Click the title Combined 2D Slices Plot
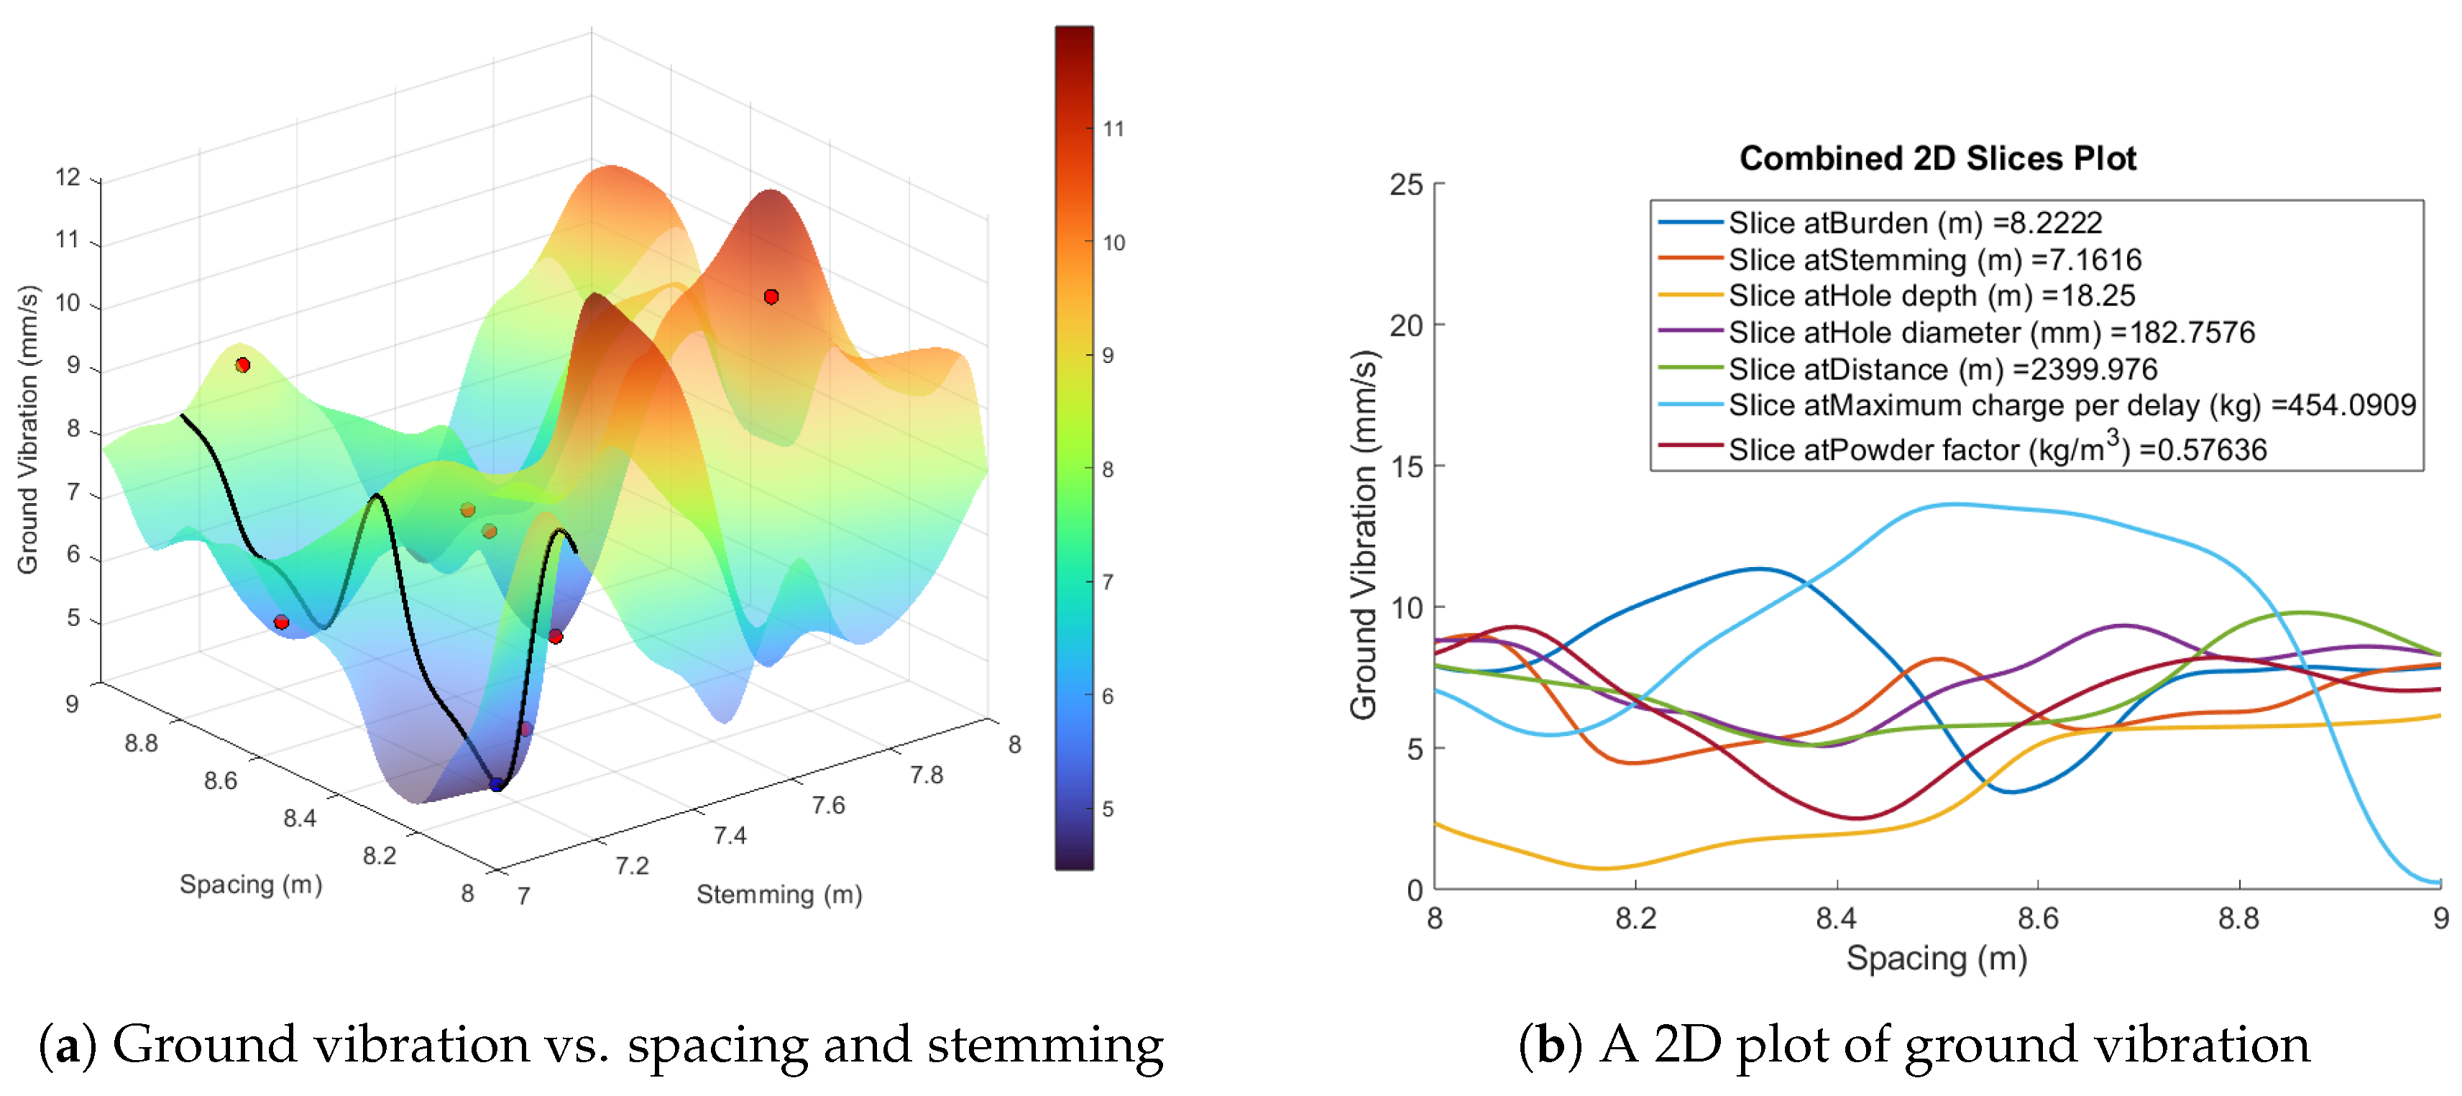click(x=1937, y=157)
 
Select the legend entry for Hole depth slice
click(x=1931, y=295)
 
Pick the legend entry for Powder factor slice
click(x=1996, y=449)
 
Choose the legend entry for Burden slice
click(x=1914, y=223)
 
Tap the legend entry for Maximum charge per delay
click(x=2071, y=405)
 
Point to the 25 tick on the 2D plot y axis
click(x=1406, y=185)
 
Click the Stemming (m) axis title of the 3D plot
click(x=779, y=894)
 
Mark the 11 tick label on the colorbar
click(x=1113, y=129)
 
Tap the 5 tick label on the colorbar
click(x=1108, y=809)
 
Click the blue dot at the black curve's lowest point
click(x=496, y=785)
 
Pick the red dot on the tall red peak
click(x=771, y=297)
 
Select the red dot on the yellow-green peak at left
click(x=243, y=365)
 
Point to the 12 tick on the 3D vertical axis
click(x=68, y=177)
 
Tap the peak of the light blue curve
click(x=1955, y=505)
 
